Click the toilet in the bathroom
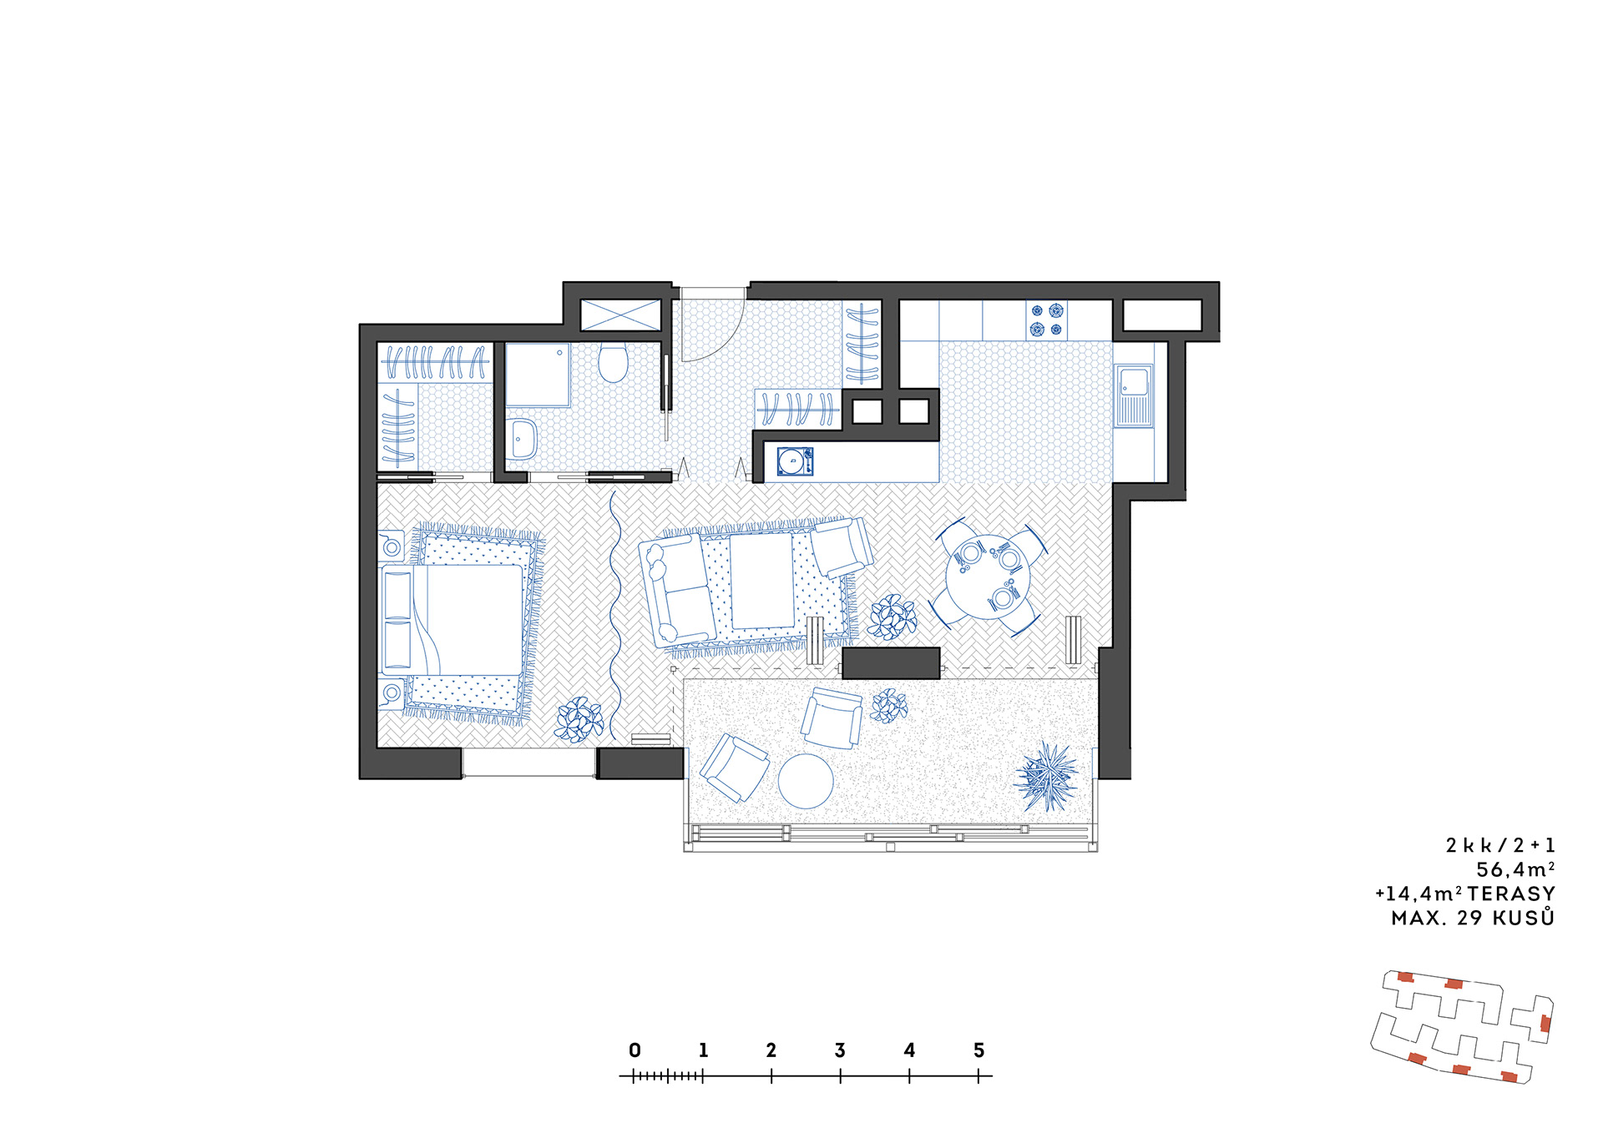[x=613, y=362]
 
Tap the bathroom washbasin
[x=522, y=439]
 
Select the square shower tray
[x=537, y=375]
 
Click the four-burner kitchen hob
[x=1047, y=320]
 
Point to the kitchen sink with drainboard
[x=1134, y=395]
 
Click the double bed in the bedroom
[x=452, y=620]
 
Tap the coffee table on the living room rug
[x=762, y=581]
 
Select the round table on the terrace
[x=806, y=781]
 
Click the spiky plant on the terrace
[x=1046, y=777]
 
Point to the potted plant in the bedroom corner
[x=579, y=720]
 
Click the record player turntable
[x=795, y=461]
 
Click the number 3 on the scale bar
[x=840, y=1050]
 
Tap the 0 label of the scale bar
[x=635, y=1050]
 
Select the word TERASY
[x=1511, y=894]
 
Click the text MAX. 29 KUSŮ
[x=1473, y=917]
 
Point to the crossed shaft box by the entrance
[x=620, y=315]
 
